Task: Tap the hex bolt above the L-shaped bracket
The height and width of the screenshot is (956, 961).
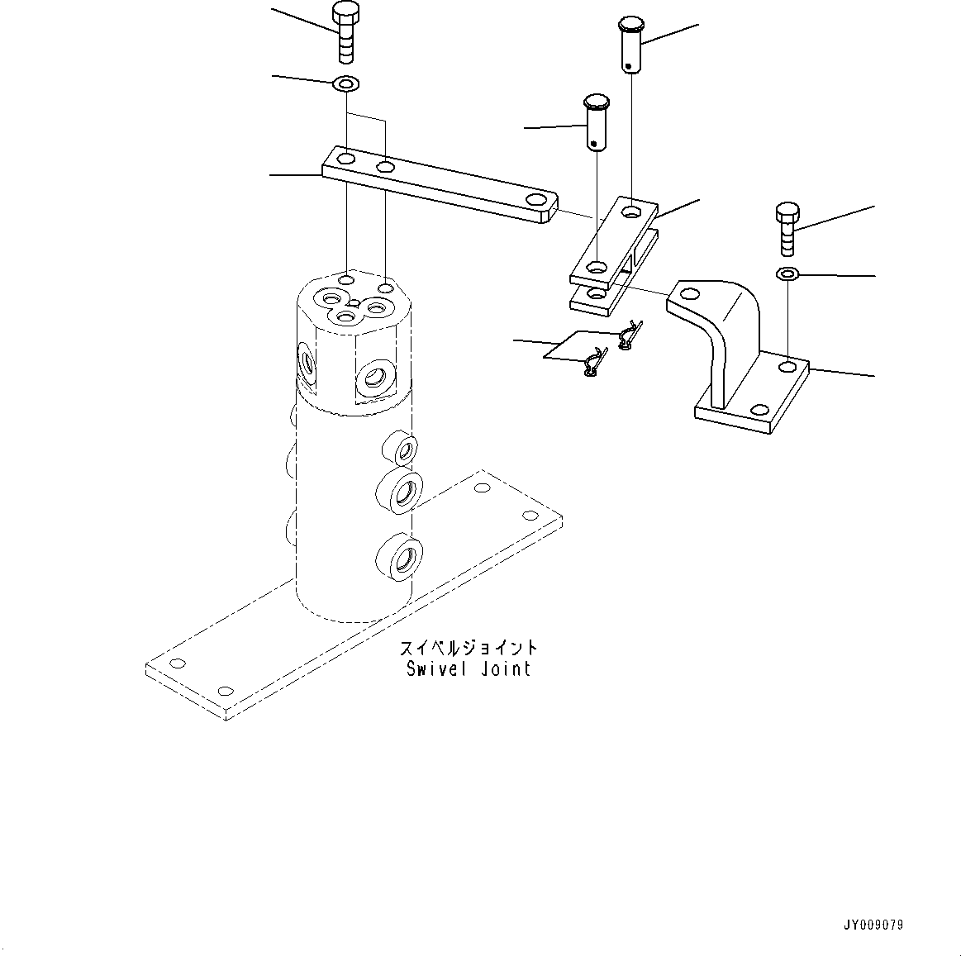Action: (787, 229)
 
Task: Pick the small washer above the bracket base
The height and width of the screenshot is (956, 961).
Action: (787, 273)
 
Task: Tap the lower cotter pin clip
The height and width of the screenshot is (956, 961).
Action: (593, 364)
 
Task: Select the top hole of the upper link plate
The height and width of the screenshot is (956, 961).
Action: (632, 212)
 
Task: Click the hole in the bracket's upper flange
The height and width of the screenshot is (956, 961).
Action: (687, 293)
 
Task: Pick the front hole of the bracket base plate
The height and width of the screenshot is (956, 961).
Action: (759, 410)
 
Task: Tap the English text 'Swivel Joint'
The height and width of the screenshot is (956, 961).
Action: (468, 668)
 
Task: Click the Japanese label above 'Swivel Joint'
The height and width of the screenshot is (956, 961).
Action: (468, 648)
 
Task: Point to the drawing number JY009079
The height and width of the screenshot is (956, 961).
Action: (874, 925)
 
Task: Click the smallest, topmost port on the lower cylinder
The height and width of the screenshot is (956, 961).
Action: (403, 449)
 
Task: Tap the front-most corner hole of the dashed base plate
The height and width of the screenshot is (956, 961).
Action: (223, 691)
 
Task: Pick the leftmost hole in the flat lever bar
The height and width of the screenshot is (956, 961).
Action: (346, 159)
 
